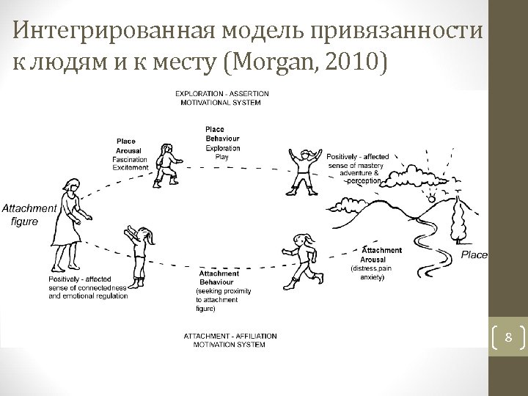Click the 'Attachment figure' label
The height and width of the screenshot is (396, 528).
tap(29, 214)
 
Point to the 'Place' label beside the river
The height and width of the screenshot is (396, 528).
tap(474, 254)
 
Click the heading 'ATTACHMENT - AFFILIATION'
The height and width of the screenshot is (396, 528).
tap(220, 335)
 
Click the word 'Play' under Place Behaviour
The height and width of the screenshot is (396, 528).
tap(221, 156)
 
